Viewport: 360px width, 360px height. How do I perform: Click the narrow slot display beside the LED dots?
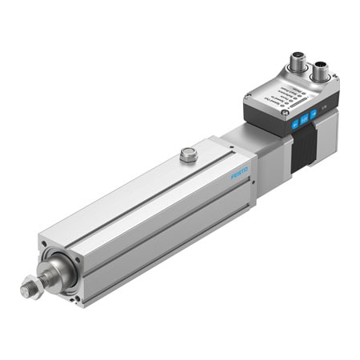[x=298, y=97]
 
